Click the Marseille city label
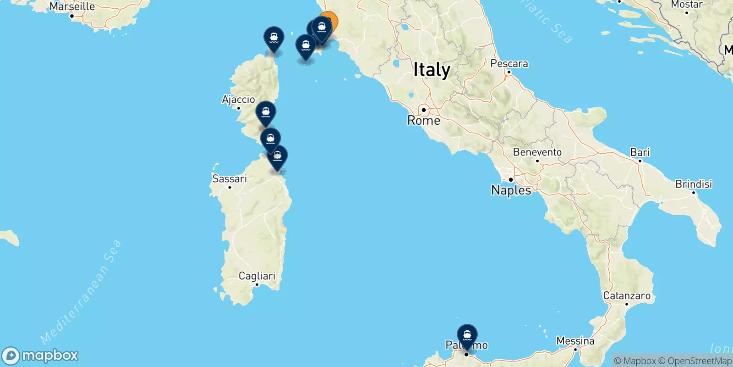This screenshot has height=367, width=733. [72, 6]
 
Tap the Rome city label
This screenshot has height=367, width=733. [424, 121]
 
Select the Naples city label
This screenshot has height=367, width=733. [511, 190]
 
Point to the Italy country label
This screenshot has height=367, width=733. [432, 70]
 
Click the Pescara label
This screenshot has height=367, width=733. [509, 64]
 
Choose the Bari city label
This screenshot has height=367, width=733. [640, 152]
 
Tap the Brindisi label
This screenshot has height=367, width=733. [693, 184]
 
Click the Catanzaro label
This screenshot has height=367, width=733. [626, 296]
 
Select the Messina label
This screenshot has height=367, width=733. [575, 341]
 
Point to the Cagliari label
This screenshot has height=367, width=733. [257, 276]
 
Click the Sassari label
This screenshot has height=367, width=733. [230, 179]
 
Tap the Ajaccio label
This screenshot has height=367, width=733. [238, 100]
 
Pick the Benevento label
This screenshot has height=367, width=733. [537, 152]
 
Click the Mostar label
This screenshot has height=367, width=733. [686, 5]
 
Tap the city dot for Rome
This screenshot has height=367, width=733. [424, 110]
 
